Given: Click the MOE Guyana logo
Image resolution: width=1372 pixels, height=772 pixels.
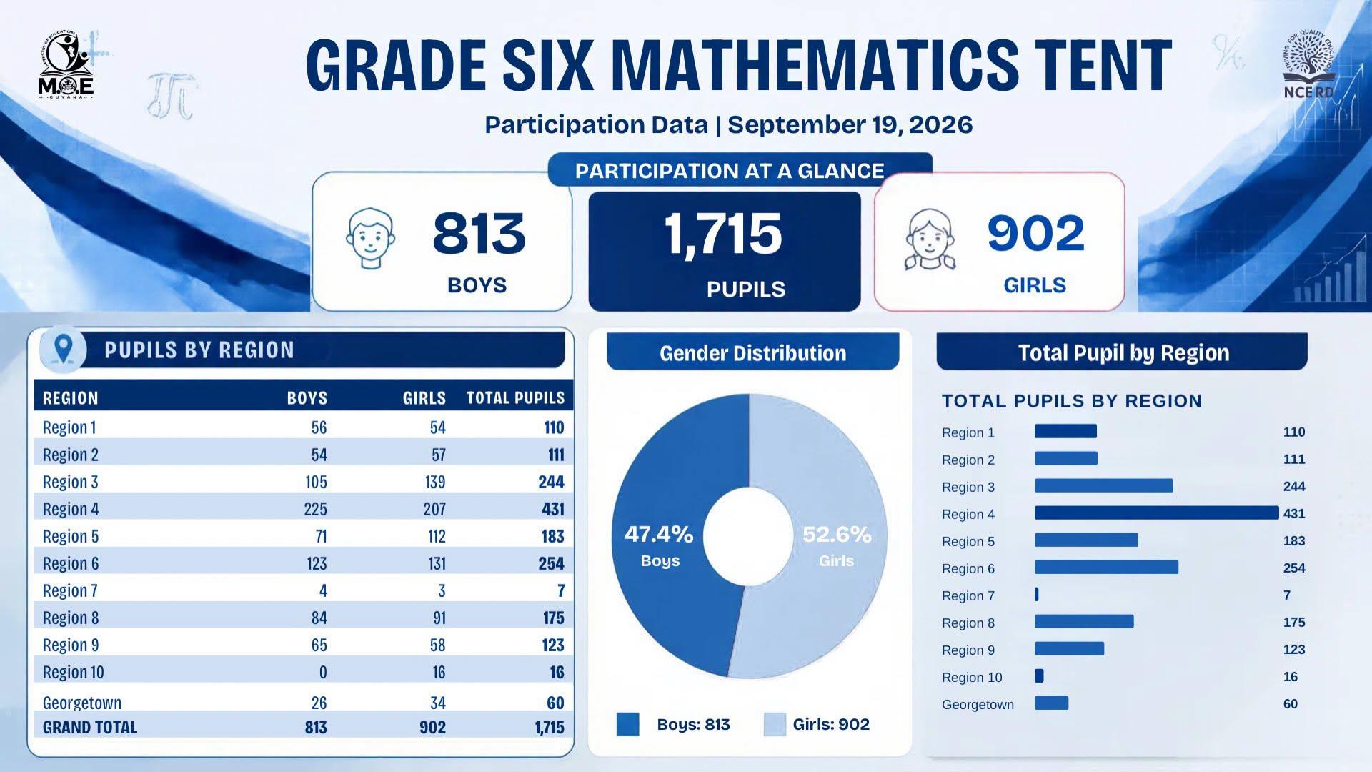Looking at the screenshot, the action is (66, 65).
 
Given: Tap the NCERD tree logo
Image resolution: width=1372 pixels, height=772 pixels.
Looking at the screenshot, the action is (1308, 64).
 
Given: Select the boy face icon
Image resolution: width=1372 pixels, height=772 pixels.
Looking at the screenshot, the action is (370, 239).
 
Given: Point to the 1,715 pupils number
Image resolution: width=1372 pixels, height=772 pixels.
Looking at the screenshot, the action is (723, 234).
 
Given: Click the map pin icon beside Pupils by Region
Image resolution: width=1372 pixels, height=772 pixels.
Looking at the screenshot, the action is (64, 349).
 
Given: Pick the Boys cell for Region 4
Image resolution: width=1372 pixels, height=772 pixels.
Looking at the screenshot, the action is (315, 509).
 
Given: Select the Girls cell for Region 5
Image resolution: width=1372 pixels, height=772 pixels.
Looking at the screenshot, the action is (437, 536).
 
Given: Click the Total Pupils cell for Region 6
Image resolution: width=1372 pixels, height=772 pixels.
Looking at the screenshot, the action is (551, 563).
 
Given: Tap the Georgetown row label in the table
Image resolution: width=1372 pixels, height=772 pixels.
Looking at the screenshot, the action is (82, 703).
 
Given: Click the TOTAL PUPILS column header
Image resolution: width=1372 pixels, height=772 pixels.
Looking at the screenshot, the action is (515, 398).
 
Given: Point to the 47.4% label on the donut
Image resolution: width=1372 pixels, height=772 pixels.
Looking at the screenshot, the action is (659, 534).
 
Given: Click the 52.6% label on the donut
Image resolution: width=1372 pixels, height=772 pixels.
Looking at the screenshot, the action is (837, 534).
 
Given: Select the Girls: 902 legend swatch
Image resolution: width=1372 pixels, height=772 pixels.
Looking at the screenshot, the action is (775, 724).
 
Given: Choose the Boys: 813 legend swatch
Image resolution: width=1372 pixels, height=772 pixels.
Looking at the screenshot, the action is (628, 724).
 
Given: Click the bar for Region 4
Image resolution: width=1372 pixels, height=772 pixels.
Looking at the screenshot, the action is (1156, 513).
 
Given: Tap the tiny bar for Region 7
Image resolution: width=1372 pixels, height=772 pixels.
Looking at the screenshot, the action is (1037, 595).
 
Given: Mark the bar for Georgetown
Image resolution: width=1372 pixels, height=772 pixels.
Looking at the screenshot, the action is (1051, 703).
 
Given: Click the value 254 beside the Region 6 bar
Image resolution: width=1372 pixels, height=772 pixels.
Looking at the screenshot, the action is (1294, 568).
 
